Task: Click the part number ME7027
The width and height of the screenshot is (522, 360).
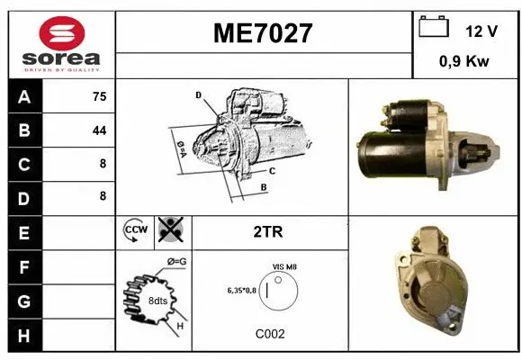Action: point(263,33)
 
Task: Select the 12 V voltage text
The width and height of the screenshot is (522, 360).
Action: point(481,31)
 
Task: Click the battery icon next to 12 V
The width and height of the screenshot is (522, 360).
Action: point(434,28)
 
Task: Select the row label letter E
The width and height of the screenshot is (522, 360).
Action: point(24,231)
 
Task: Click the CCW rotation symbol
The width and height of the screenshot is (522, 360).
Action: point(134,230)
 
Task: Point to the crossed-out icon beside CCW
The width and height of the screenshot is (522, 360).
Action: point(169,230)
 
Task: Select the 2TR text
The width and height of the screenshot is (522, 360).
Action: point(269,231)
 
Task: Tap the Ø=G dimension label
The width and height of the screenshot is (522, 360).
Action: point(177,262)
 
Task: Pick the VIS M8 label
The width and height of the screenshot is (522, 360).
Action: point(284,267)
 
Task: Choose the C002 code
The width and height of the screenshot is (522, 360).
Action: point(270,334)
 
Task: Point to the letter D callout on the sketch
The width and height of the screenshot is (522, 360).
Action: point(198,94)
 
